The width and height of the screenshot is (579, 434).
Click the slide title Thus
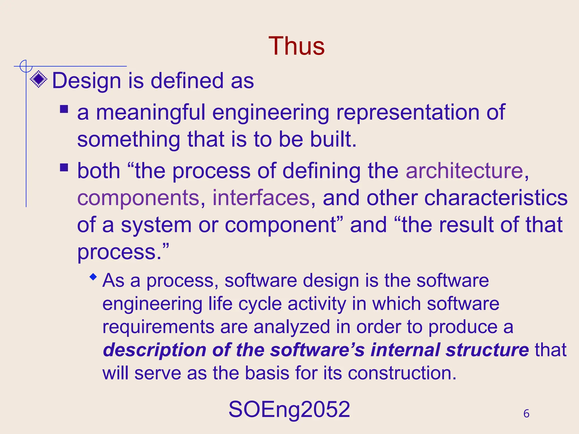point(296,46)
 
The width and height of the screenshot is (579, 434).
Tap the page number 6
point(526,414)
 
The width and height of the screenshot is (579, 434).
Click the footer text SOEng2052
point(289,409)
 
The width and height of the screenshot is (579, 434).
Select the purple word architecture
point(464,171)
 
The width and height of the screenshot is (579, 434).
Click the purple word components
point(139,199)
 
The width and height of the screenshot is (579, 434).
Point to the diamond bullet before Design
point(39,79)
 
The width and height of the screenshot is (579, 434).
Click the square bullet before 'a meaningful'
point(64,109)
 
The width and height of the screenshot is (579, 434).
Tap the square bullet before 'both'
point(64,168)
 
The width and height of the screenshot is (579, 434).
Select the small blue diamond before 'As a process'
point(93,277)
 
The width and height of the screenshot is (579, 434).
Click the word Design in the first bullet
point(87,81)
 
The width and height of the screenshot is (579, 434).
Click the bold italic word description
point(154,350)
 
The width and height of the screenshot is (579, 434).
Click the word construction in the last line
point(402,373)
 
